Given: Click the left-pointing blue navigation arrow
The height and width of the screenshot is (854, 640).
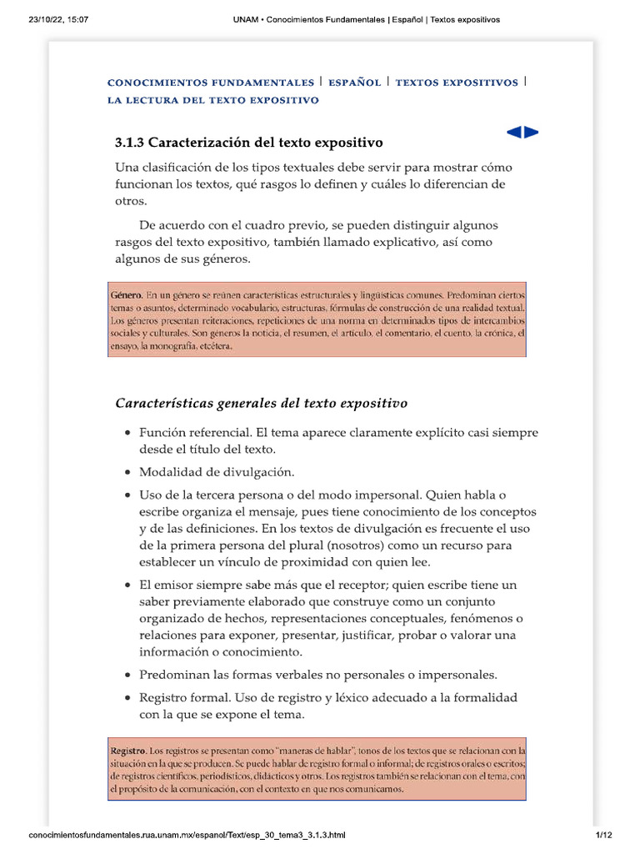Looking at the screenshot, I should (x=513, y=132).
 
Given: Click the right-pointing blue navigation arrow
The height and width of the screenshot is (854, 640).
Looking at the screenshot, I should (x=531, y=132).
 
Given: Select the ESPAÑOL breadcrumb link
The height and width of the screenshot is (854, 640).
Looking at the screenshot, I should (x=355, y=83).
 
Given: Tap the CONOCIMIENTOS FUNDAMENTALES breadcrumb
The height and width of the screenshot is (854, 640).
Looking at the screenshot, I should (x=211, y=83).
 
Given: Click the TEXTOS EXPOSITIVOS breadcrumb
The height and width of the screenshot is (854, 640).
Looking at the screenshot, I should (x=457, y=83).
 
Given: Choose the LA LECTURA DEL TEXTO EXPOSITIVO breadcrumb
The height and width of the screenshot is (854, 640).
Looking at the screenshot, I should (x=213, y=100).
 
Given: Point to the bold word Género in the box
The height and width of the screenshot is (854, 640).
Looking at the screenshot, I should (x=126, y=296).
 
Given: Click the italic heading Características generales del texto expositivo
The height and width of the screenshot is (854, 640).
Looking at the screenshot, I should (x=261, y=404).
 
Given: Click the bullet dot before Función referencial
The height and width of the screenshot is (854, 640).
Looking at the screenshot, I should (x=127, y=434).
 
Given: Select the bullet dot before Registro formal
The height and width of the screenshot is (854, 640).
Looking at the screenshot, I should (x=127, y=698).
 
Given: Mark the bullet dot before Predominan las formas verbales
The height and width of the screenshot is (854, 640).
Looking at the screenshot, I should (x=127, y=676).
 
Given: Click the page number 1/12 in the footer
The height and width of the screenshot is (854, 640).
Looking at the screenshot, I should (x=603, y=835).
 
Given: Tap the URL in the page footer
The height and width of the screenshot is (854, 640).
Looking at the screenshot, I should (x=187, y=835).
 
